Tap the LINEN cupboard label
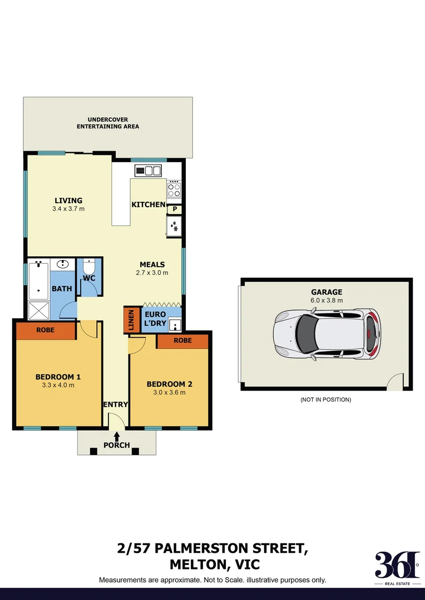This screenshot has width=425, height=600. (x=132, y=320)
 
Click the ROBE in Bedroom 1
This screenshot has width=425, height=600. (x=45, y=330)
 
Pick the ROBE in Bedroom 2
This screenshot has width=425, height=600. (x=182, y=341)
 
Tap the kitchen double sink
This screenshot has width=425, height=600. (x=149, y=171)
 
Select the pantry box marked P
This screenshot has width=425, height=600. (x=175, y=209)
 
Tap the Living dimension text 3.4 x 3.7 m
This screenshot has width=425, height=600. (x=68, y=209)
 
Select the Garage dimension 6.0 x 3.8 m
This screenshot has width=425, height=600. (x=327, y=300)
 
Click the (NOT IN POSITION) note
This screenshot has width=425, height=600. (x=325, y=399)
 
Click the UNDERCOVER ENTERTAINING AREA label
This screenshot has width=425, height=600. (x=108, y=123)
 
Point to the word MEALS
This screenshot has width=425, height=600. (x=152, y=264)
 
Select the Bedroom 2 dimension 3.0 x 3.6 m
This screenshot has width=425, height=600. (x=169, y=392)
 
